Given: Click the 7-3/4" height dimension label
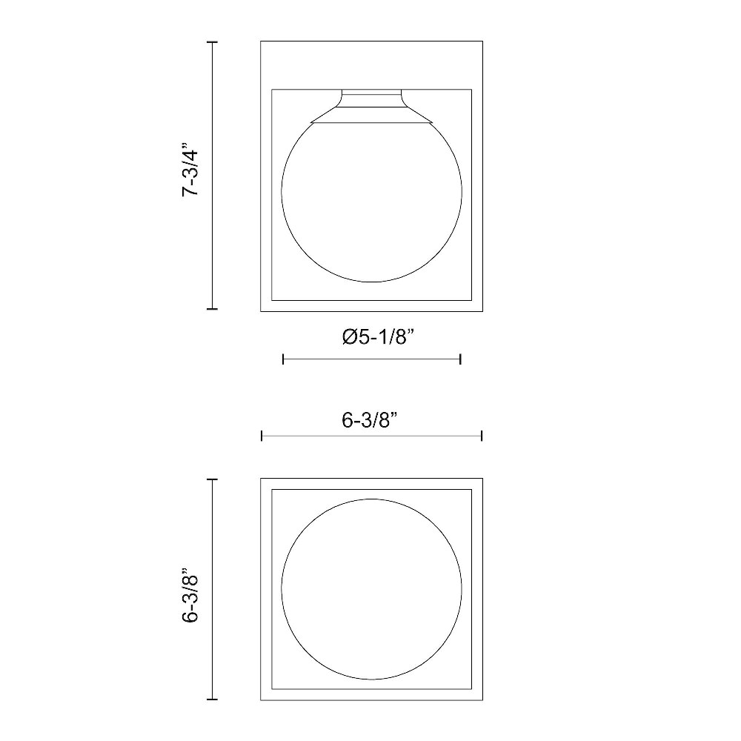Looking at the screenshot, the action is (x=191, y=168).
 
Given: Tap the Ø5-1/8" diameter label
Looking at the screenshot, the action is (x=378, y=337).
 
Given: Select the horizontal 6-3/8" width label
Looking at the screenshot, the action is (x=369, y=419).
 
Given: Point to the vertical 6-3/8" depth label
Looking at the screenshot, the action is (x=191, y=594).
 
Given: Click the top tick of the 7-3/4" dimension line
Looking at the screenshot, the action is (x=212, y=42).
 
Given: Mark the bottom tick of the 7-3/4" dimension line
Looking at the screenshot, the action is (x=212, y=309).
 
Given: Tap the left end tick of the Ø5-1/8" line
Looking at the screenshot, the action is (x=283, y=359).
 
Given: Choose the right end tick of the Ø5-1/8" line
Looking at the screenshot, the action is (x=460, y=359).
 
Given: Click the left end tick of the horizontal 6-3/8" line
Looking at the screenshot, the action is (x=262, y=436).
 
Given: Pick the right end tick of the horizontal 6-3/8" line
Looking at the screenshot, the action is (x=482, y=436).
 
